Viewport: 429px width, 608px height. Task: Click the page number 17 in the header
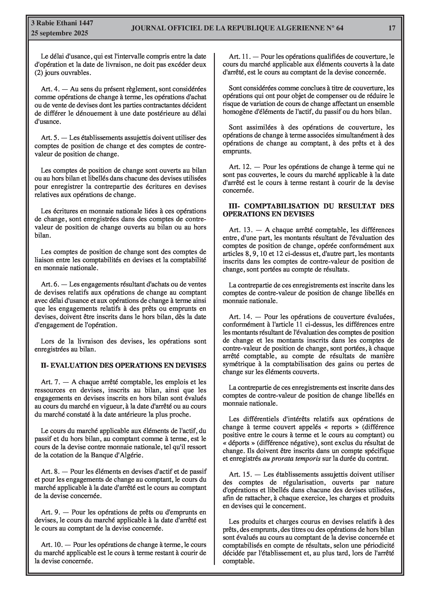tap(392, 28)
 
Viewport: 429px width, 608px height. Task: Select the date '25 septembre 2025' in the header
tap(60, 33)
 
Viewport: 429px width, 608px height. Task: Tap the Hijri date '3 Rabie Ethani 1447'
tap(62, 23)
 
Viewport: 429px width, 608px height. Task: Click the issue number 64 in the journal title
tap(340, 28)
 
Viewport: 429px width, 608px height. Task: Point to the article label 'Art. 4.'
tap(50, 89)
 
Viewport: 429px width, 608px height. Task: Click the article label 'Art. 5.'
tap(50, 138)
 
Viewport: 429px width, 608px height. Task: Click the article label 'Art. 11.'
tap(239, 56)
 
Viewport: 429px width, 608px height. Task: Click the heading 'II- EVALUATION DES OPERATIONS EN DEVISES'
tap(124, 366)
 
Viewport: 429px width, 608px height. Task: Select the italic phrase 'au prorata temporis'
tap(292, 459)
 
